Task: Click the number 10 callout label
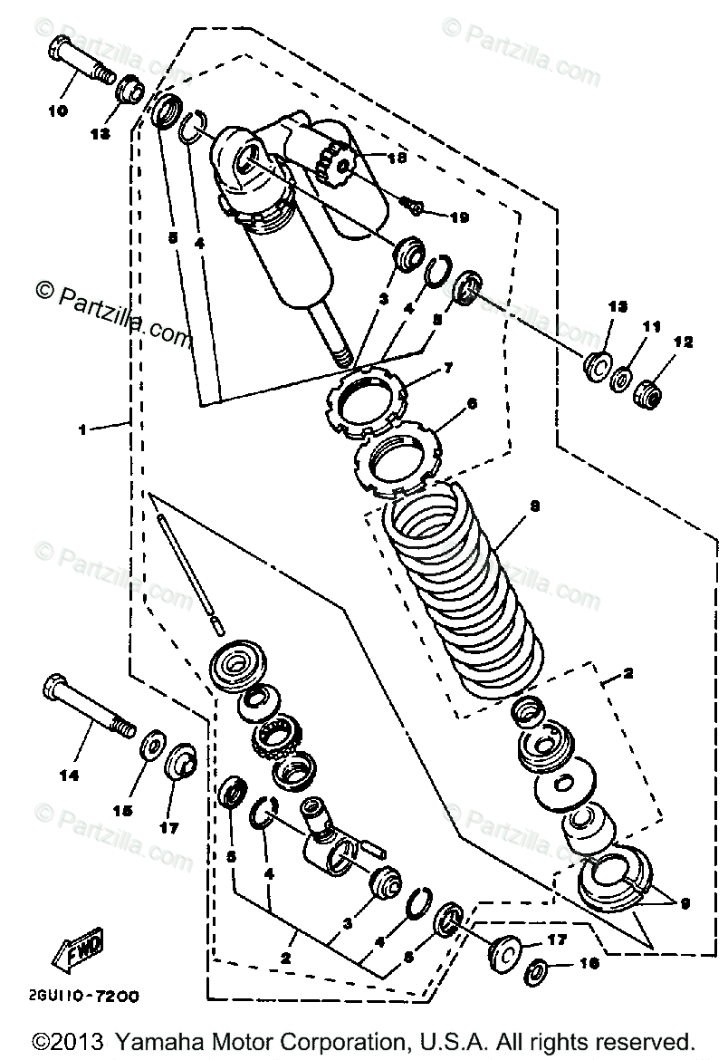[57, 111]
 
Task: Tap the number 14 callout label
[69, 776]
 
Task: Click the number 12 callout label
[682, 342]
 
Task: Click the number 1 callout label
[82, 429]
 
